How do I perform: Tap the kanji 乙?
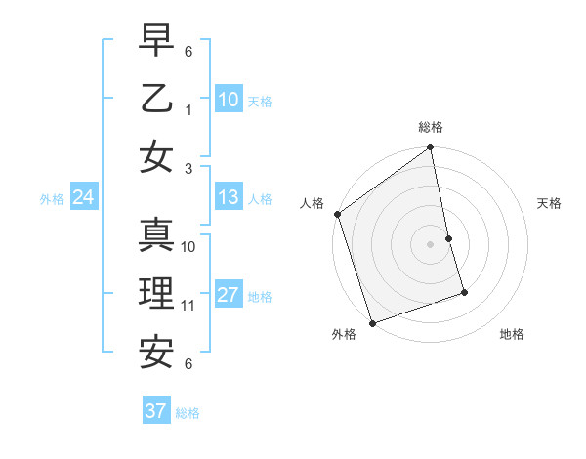(157, 100)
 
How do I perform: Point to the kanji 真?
(157, 235)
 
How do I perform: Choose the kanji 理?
(157, 292)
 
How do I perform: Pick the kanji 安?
(157, 350)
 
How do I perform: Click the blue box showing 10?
(228, 100)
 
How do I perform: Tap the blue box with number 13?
(228, 198)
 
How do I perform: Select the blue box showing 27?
(228, 295)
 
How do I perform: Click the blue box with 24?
(84, 198)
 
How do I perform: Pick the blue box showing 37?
(155, 411)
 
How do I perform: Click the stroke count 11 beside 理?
(188, 306)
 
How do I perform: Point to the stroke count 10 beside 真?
(188, 247)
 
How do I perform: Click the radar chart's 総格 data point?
(431, 148)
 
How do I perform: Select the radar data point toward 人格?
(337, 214)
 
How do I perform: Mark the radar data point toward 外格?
(372, 322)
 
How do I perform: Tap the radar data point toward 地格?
(464, 292)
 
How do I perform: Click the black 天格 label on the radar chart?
(549, 203)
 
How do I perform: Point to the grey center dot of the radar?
(431, 244)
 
